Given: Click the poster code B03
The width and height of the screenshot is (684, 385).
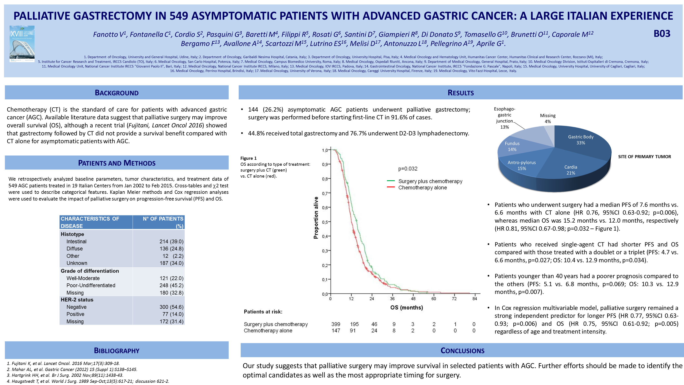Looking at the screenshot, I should point(662,34).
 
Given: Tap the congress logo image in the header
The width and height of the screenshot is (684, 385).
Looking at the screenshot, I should point(22,44).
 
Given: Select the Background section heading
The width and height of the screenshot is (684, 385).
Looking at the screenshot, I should point(117,93).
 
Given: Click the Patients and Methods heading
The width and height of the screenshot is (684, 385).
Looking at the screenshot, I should point(117,163).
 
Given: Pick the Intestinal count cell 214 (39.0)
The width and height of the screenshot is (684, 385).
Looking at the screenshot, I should point(171,242).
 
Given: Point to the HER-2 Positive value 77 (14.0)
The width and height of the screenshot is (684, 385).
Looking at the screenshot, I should point(173,314).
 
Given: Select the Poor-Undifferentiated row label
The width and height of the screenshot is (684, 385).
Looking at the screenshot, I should point(91,285).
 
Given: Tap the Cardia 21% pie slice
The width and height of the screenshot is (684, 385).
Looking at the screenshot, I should point(571,170).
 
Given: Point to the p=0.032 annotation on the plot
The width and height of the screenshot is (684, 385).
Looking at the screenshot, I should point(408,169).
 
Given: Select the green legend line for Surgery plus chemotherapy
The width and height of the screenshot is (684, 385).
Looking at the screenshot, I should point(391,181).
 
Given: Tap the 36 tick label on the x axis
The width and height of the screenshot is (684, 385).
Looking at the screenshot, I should point(392,299).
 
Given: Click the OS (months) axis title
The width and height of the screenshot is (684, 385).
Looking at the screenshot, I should point(407,308).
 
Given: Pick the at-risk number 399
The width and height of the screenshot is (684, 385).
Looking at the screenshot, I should point(336,324).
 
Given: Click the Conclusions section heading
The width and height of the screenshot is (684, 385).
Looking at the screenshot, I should point(462,350).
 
